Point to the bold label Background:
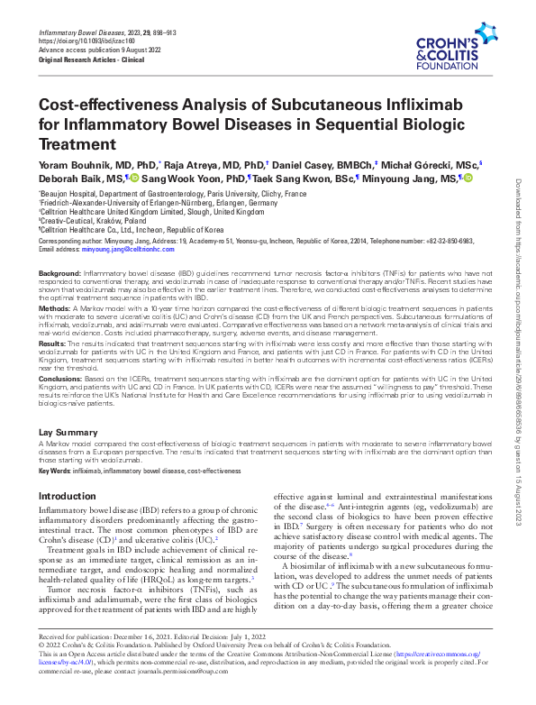pyautogui.click(x=59, y=272)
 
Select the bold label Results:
pyautogui.click(x=54, y=343)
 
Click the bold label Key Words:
pyautogui.click(x=55, y=471)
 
